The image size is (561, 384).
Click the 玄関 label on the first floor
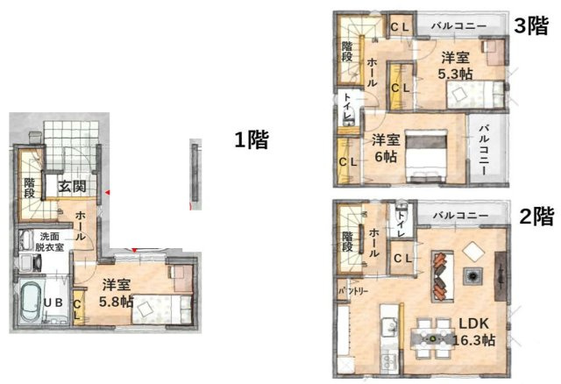pos(71,186)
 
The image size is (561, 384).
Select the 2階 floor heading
pos(534,215)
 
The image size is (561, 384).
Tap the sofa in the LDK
pos(441,274)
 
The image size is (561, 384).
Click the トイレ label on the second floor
pos(402,224)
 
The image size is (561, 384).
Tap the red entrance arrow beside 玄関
pos(107,192)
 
